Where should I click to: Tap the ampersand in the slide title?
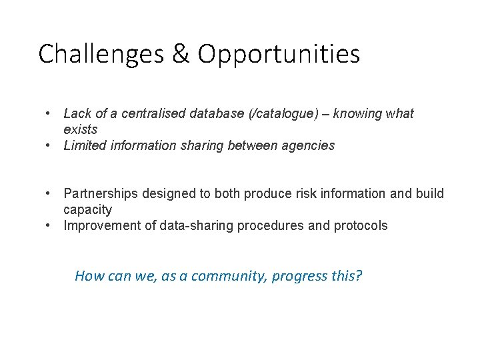(181, 54)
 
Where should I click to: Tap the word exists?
(80, 129)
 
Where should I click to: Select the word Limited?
(85, 145)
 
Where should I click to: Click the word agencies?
(311, 146)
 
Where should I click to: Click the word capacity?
(87, 210)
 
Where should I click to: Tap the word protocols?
(361, 226)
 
